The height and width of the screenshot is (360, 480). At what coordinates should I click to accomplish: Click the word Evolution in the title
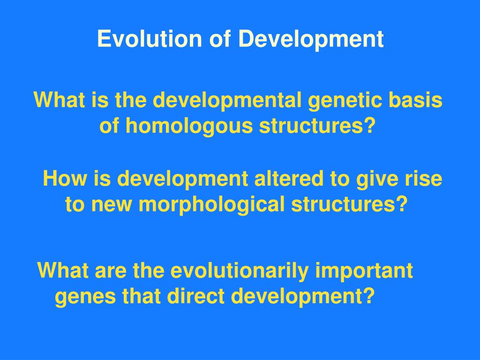coord(150,38)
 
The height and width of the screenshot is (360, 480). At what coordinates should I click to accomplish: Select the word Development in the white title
coord(311,39)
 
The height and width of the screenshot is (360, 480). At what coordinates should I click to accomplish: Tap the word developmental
coord(227,101)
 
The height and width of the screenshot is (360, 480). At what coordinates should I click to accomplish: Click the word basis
coord(415,100)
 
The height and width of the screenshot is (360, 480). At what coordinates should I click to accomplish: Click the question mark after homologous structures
coord(370,125)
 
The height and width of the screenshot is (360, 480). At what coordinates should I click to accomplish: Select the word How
coord(65,178)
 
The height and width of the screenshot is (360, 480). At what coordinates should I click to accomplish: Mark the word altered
coord(289,178)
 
